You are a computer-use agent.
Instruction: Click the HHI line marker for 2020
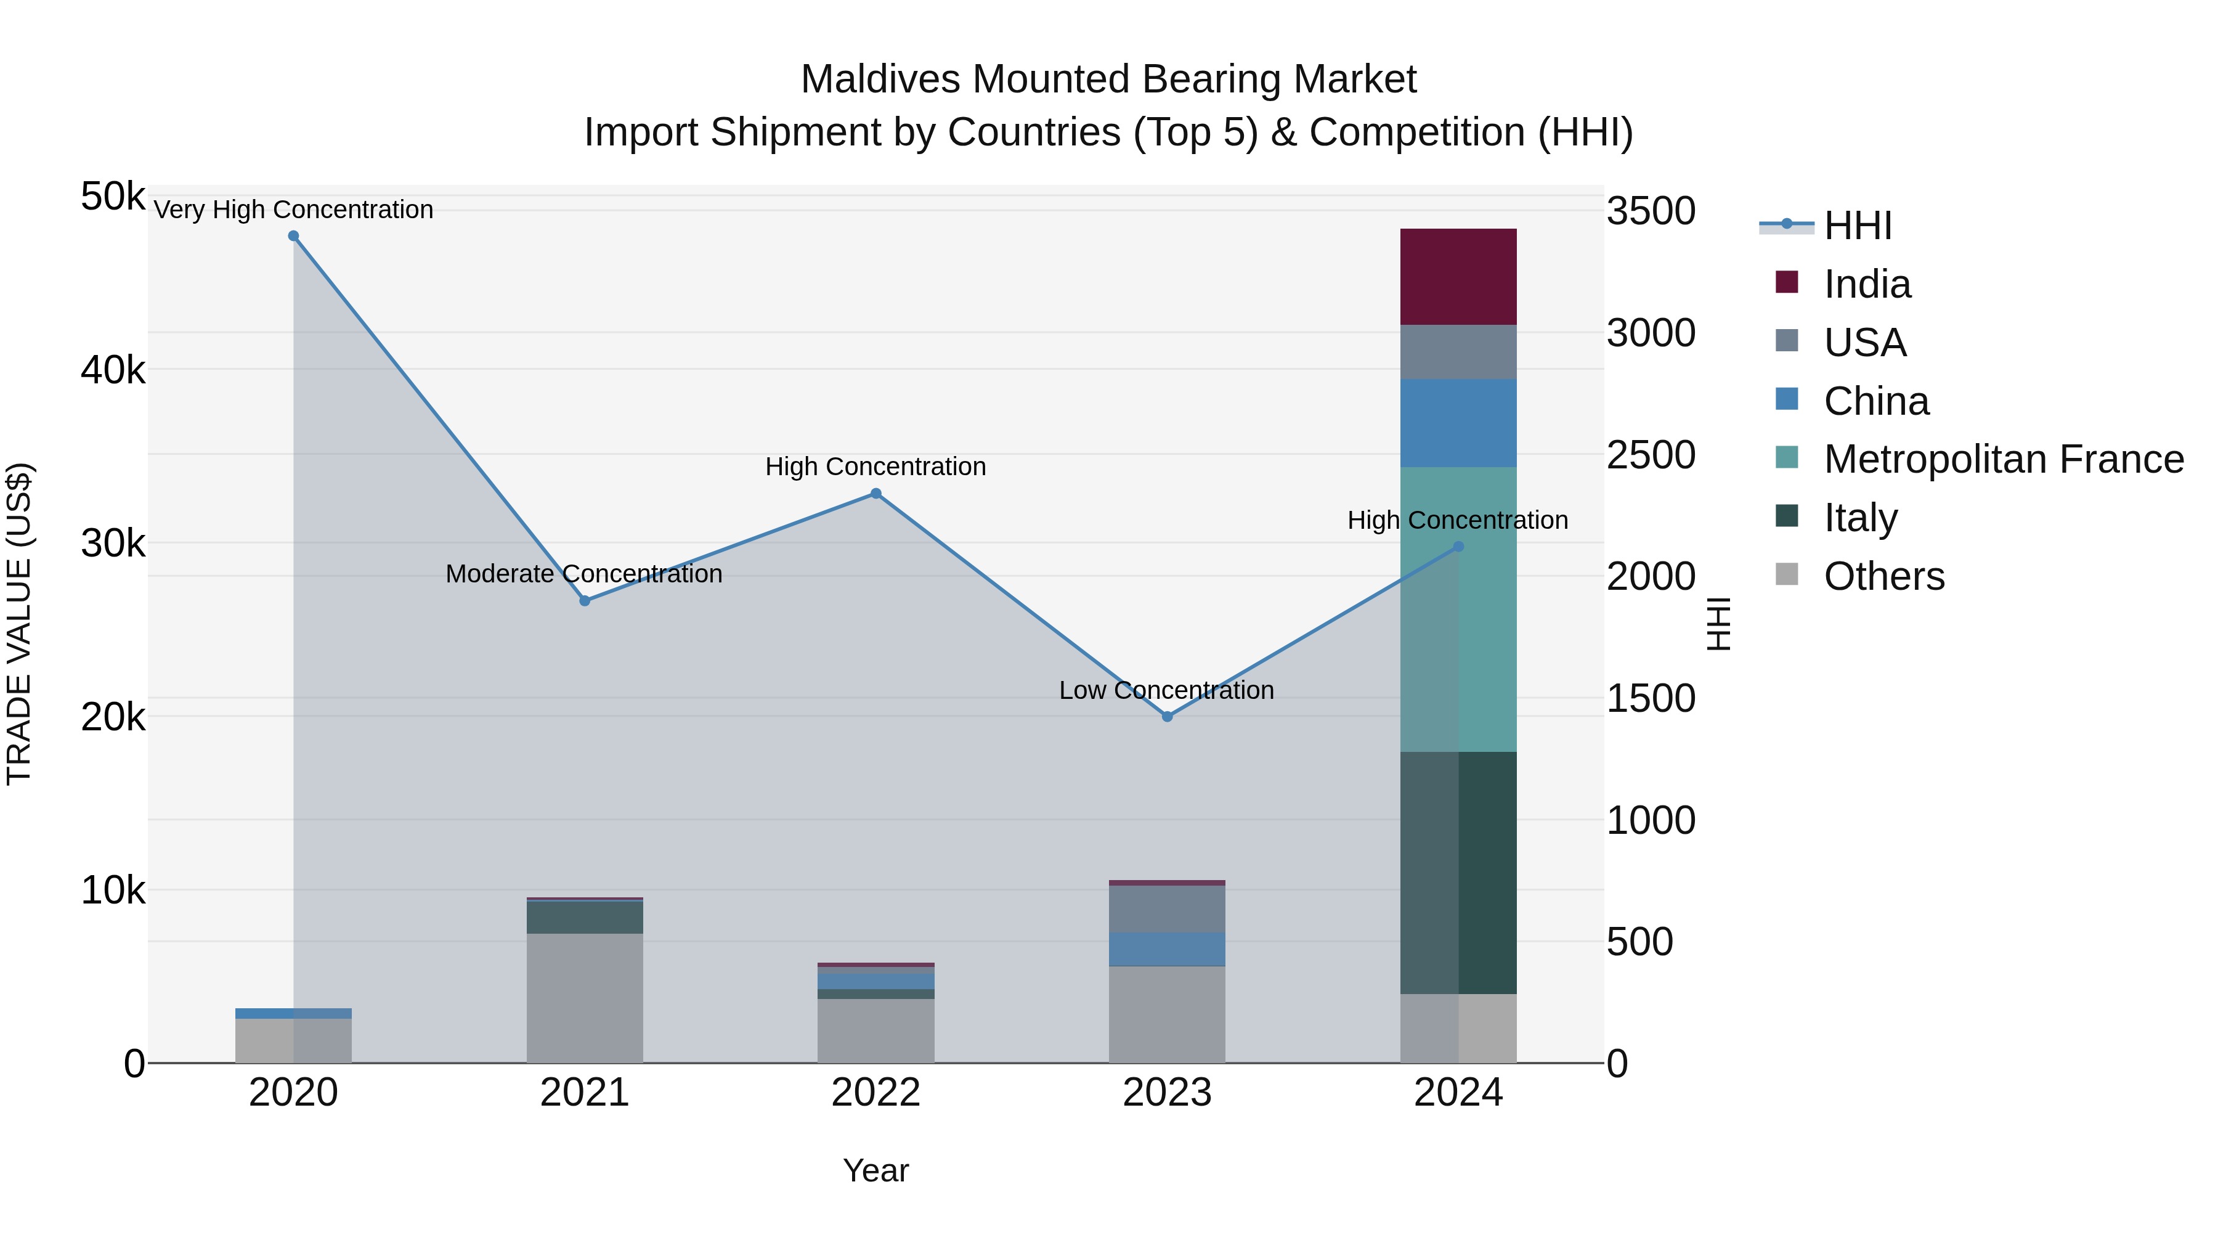coord(294,236)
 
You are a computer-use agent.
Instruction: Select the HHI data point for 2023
coord(1168,717)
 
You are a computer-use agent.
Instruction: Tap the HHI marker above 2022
coord(875,494)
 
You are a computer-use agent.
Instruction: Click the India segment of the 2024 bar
coord(1458,277)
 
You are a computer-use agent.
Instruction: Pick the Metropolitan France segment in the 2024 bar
coord(1458,609)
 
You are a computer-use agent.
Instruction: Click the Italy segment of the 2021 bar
coord(585,917)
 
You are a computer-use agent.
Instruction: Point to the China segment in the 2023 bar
coord(1167,949)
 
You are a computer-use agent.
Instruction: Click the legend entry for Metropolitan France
coord(2003,459)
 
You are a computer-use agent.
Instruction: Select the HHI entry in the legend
coord(1857,226)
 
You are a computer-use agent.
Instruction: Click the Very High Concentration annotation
coord(294,210)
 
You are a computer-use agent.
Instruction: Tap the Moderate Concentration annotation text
coord(584,574)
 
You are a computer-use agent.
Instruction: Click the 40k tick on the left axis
coord(113,371)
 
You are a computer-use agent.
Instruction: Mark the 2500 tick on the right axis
coord(1651,455)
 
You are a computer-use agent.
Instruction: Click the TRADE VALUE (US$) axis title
coord(19,624)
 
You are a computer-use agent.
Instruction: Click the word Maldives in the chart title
coord(880,80)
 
